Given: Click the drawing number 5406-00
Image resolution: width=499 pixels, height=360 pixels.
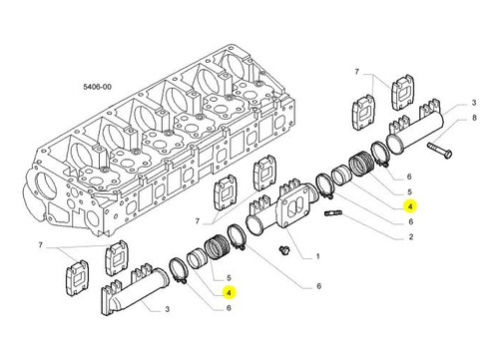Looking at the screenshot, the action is coord(97,87).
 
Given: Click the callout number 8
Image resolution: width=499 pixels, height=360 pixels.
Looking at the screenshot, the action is coord(474,118).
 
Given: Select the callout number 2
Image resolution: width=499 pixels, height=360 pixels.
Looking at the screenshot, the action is coord(411,237).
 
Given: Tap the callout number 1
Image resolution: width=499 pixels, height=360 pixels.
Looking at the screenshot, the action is coord(317,256).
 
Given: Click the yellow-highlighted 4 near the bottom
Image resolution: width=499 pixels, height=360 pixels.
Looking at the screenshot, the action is coord(229,292).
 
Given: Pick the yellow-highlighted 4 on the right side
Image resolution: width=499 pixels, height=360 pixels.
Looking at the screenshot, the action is coord(410,206).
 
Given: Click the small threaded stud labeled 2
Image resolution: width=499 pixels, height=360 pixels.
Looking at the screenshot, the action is coord(332,212).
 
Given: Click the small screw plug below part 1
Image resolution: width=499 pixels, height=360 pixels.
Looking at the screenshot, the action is coord(283,249).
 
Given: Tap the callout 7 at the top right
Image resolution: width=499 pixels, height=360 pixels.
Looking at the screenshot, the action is coord(357,72).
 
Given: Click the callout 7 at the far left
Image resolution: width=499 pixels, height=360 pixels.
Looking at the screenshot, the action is coord(41,245).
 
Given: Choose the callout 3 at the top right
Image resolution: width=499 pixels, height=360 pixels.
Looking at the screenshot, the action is coord(474,103).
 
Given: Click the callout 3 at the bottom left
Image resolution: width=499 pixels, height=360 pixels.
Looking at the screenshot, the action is coord(168,309).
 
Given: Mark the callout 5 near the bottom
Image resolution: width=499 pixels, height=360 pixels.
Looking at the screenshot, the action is coord(229,278).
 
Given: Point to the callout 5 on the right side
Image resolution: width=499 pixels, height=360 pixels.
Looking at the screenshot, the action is coord(409,191).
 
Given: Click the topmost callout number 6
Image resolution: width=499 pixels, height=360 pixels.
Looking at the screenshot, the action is coord(409,177).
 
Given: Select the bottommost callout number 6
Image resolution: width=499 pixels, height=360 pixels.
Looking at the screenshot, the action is coord(229,308).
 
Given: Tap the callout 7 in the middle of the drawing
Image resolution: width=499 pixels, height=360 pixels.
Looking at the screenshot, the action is coord(198,221).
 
